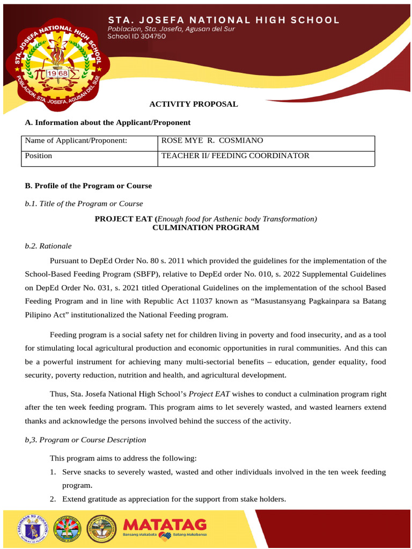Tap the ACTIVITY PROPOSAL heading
[193, 104]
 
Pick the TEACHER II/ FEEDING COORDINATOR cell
[236, 156]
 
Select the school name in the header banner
[224, 20]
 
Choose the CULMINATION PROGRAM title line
[206, 228]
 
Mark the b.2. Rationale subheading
[48, 246]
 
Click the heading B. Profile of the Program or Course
[89, 186]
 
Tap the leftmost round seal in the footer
[33, 528]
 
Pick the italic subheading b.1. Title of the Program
[84, 204]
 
